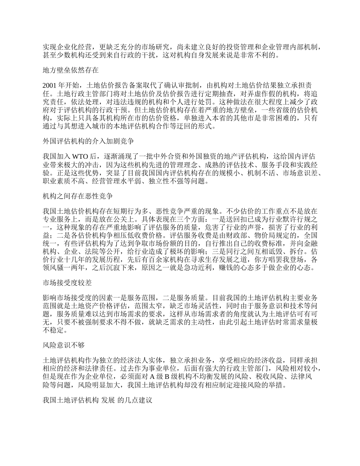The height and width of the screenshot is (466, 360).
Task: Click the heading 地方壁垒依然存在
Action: pos(71,70)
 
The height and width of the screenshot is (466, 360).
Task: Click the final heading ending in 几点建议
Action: pos(98,400)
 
